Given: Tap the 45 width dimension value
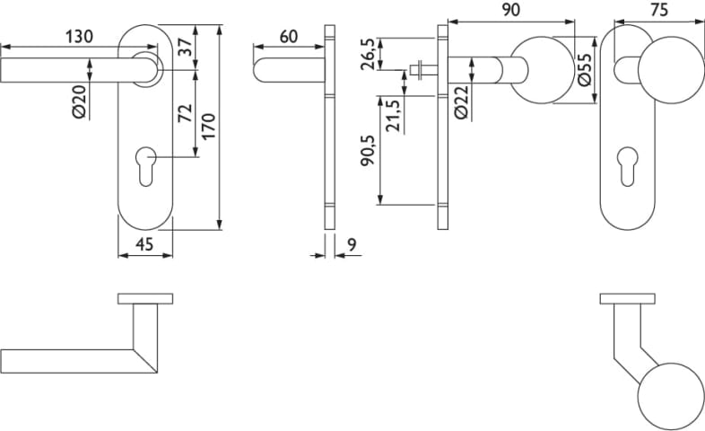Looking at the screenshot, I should (x=145, y=244).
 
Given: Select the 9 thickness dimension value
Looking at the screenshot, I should (x=350, y=244).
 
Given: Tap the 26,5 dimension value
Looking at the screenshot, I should (x=368, y=53).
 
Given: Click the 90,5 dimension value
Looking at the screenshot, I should (x=368, y=162).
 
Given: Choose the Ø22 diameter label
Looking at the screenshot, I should (x=461, y=103).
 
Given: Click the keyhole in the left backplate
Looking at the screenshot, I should (x=146, y=166).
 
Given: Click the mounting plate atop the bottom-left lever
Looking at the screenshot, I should (x=144, y=298).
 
